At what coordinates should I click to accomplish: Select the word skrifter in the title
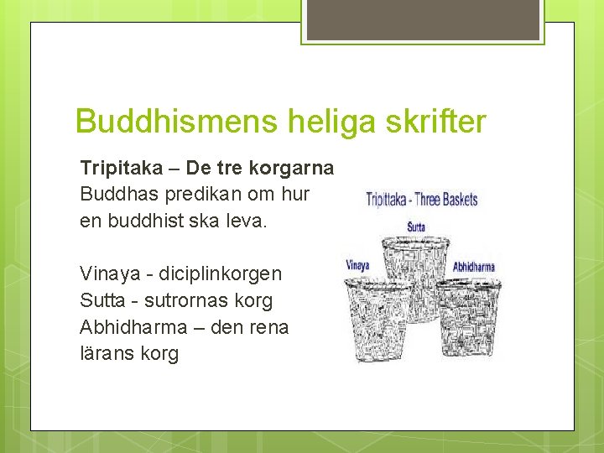435,122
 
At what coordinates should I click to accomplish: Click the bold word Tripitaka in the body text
122,168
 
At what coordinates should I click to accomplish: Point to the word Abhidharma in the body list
131,326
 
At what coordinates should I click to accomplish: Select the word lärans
106,353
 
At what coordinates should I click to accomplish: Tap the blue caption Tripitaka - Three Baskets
422,200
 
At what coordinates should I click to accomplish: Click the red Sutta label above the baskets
416,226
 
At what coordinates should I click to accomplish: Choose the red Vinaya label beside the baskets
357,266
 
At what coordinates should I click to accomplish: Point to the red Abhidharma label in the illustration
474,267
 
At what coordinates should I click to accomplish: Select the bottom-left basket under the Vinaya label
376,323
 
